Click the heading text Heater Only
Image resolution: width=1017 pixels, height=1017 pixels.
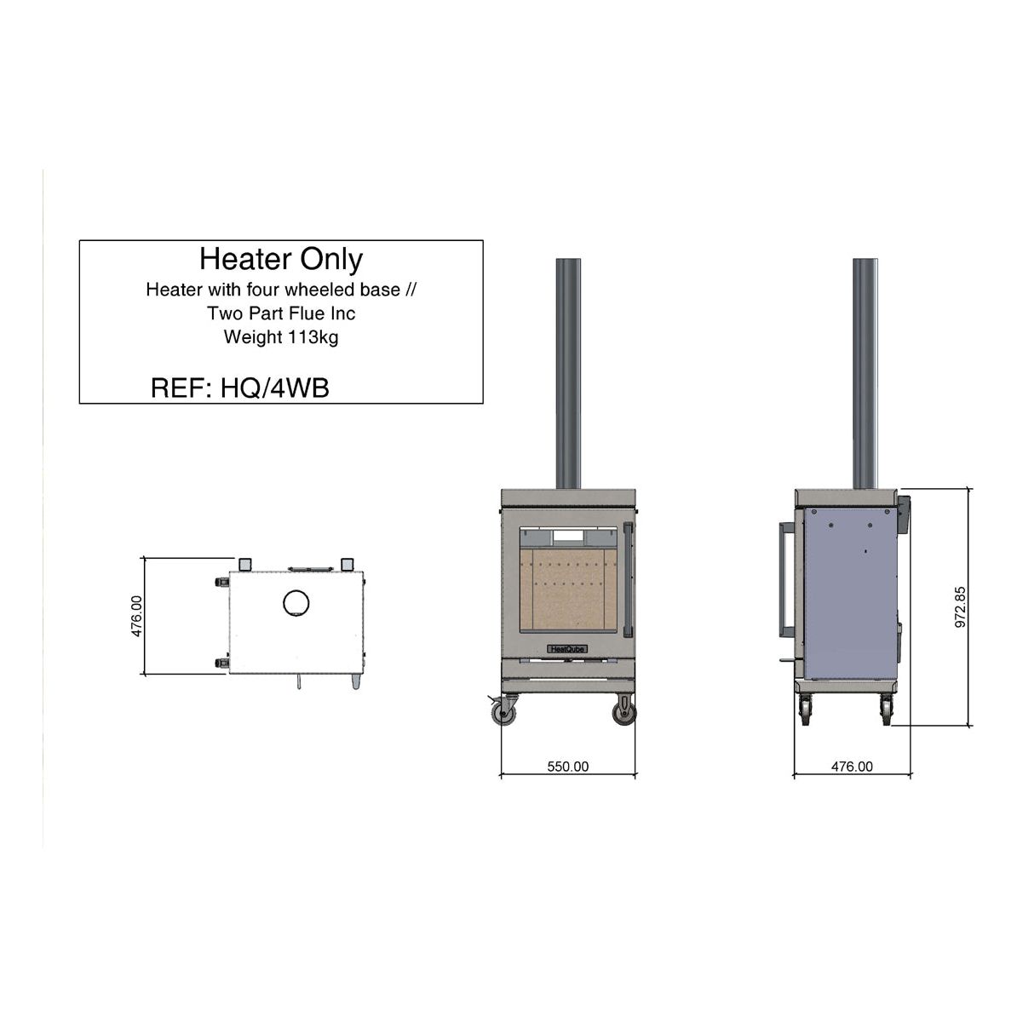tap(281, 259)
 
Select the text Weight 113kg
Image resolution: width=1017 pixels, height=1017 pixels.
tap(281, 337)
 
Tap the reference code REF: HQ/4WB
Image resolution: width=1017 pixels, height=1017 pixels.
tap(239, 388)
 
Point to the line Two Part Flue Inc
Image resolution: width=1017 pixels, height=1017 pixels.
tap(281, 313)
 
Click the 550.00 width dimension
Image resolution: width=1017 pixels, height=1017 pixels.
tap(567, 767)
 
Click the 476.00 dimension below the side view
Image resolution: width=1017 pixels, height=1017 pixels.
tap(852, 767)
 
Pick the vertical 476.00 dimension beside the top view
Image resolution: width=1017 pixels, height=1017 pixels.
tap(137, 616)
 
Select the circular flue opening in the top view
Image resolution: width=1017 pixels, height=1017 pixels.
tap(296, 603)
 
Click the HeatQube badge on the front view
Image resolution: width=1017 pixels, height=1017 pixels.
tap(567, 648)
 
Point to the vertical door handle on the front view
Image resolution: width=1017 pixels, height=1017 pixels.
tap(627, 580)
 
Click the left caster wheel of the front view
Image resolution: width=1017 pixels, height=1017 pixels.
tap(506, 712)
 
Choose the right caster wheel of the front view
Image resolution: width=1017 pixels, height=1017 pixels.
tap(625, 711)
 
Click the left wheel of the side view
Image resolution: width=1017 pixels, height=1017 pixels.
tap(805, 710)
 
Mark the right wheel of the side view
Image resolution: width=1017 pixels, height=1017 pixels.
tap(886, 710)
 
